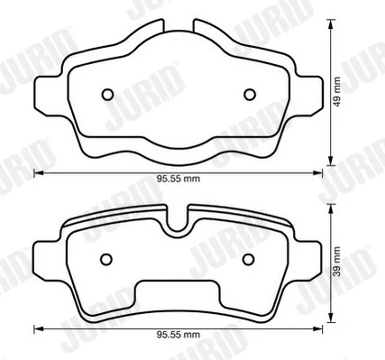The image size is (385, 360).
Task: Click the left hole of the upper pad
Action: (x=107, y=95)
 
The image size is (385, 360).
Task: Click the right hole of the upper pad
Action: (x=250, y=95)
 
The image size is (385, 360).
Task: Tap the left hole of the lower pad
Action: (x=106, y=259)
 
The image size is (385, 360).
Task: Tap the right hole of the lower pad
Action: (x=249, y=259)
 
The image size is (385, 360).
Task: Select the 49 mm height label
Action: (x=337, y=92)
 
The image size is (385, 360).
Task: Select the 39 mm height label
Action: (x=337, y=262)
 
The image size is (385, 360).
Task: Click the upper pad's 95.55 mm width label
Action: (x=179, y=179)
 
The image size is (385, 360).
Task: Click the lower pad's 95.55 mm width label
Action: (x=179, y=335)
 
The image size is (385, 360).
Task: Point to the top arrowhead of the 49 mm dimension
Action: (x=331, y=23)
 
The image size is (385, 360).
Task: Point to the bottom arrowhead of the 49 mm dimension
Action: (x=331, y=161)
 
